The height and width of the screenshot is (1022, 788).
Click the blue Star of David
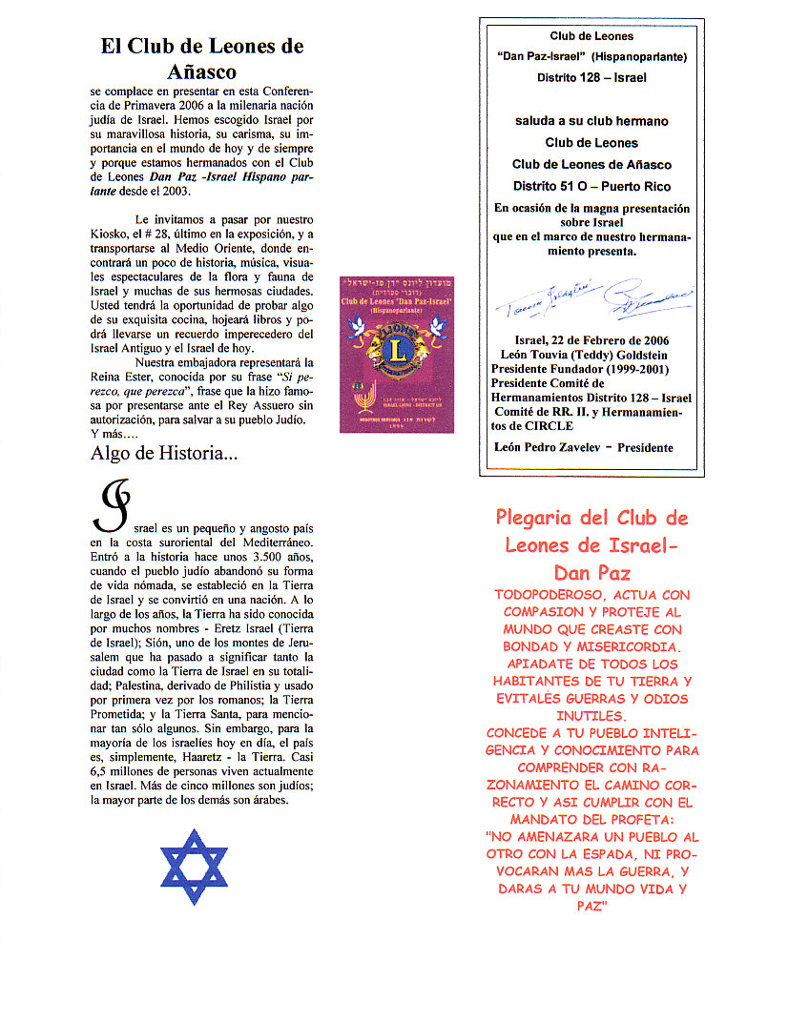[x=194, y=866]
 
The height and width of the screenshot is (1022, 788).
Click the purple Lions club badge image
[x=397, y=354]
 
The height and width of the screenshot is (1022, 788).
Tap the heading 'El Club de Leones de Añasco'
[x=202, y=58]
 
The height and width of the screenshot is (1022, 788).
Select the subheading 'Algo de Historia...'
[x=164, y=454]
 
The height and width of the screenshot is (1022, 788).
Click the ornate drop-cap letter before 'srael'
[x=109, y=506]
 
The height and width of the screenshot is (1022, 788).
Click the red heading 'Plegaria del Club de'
[x=591, y=519]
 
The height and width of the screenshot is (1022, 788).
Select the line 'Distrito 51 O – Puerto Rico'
[x=591, y=186]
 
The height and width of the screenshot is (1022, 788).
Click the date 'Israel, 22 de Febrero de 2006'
[x=591, y=340]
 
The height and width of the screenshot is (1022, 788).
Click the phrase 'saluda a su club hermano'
[x=591, y=121]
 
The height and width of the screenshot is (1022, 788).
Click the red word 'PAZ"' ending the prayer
[x=591, y=907]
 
